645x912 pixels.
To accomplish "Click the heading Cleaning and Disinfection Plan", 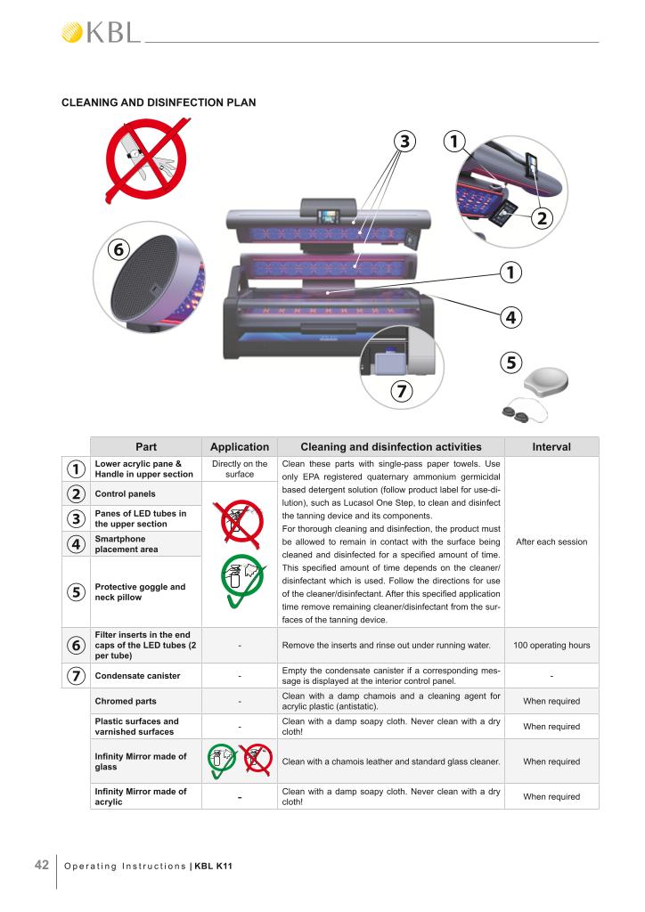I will (x=159, y=102).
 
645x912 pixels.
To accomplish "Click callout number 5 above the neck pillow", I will (x=511, y=363).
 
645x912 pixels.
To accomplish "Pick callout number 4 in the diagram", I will (x=511, y=316).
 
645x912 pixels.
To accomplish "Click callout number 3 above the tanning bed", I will (x=404, y=141).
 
